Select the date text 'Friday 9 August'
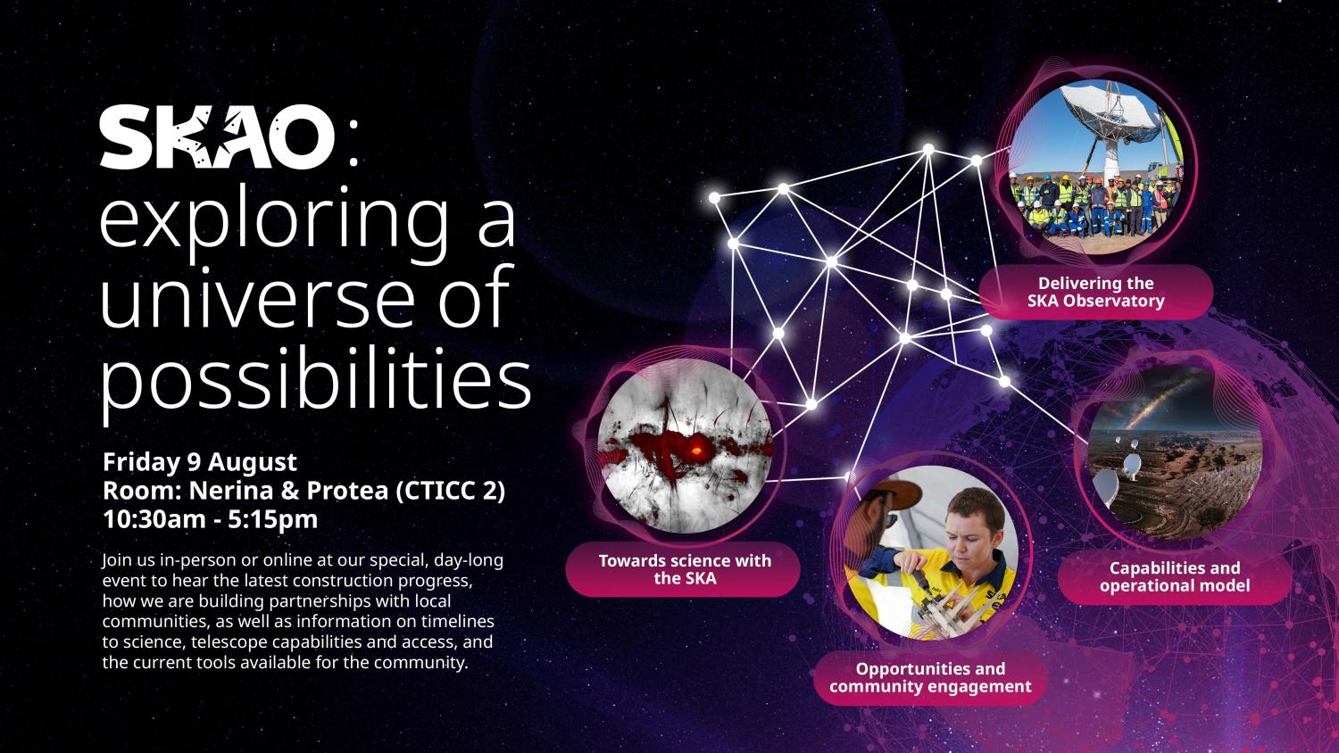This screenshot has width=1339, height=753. [x=200, y=462]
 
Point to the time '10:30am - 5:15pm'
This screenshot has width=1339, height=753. [x=211, y=519]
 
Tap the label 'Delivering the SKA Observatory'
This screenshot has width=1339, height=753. [x=1095, y=292]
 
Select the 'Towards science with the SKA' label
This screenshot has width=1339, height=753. [x=684, y=569]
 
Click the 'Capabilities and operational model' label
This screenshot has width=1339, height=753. [x=1174, y=576]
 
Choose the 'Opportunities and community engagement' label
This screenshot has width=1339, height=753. [x=929, y=677]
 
